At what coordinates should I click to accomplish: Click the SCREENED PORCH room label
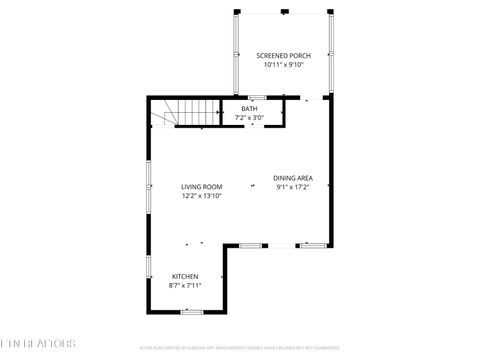(283, 56)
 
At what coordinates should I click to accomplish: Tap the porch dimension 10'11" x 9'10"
(283, 65)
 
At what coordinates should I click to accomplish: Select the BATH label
(249, 108)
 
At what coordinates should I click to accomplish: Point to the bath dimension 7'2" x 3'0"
(249, 117)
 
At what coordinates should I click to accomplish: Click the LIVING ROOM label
(201, 187)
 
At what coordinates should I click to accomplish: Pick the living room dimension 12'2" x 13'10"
(201, 196)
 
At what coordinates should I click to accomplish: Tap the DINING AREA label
(293, 178)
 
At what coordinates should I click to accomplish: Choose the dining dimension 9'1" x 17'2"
(293, 187)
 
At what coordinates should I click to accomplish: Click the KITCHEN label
(185, 276)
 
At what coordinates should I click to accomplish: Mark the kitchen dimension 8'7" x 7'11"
(185, 285)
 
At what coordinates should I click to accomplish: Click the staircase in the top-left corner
(167, 116)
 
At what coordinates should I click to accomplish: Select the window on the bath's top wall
(257, 97)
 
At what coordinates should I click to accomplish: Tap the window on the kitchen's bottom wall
(191, 312)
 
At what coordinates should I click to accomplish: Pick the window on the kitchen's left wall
(149, 269)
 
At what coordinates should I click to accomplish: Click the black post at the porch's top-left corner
(237, 12)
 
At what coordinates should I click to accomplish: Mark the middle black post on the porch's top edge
(285, 12)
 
